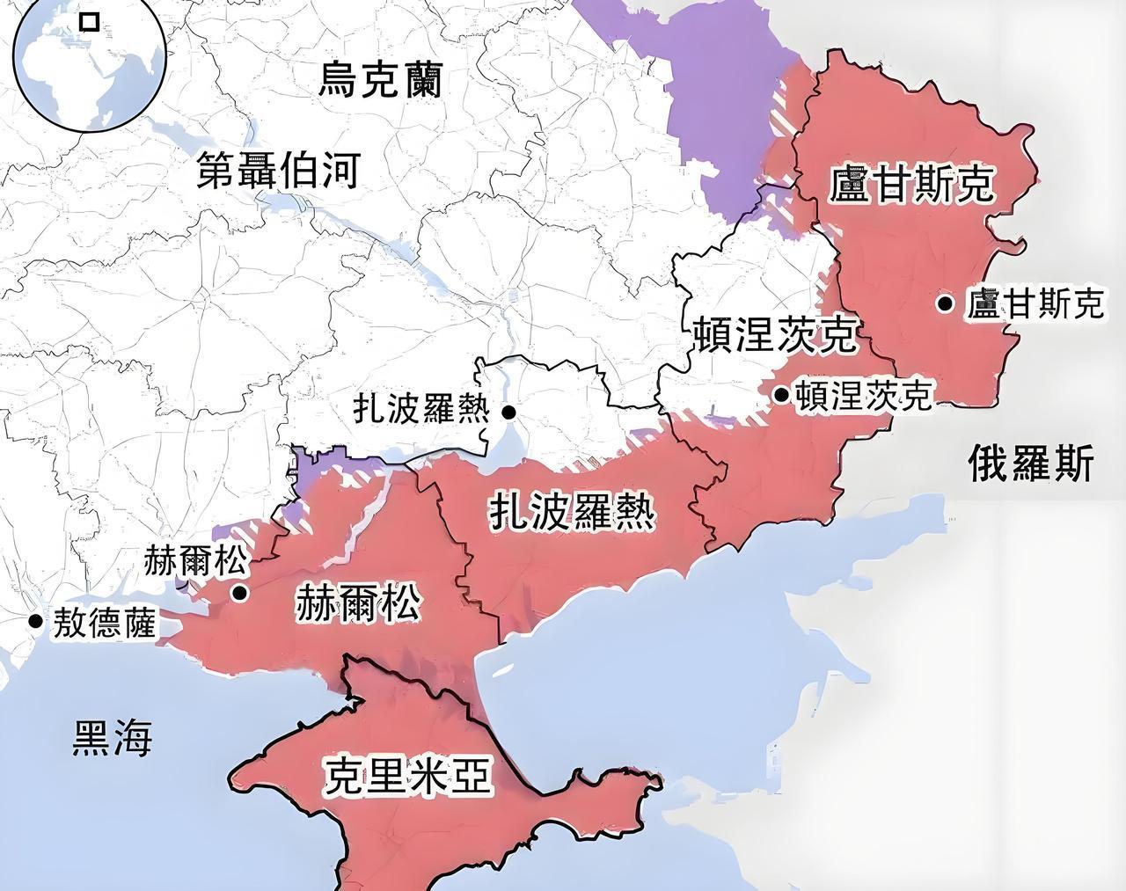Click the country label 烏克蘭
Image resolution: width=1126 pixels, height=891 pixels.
point(380,80)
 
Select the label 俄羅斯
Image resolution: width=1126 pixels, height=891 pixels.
point(1031,464)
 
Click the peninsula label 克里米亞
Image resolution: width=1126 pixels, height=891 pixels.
point(407,776)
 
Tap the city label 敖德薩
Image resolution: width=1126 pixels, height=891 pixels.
point(105,624)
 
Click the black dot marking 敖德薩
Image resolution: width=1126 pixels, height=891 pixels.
point(35,621)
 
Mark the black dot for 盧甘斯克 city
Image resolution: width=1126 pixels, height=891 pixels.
point(945,304)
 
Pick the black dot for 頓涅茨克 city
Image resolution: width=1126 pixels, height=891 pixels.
point(781,395)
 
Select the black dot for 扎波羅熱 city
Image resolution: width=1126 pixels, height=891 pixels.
point(508,412)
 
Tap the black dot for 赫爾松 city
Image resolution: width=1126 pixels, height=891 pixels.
point(239,593)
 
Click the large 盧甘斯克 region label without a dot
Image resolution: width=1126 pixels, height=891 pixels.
point(912,185)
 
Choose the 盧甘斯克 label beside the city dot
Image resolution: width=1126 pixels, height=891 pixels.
point(1034,304)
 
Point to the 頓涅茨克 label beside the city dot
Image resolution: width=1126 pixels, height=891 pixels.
point(862,396)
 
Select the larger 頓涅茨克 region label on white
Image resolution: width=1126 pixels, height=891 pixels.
point(773,334)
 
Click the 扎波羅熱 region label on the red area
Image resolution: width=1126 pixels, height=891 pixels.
point(572,512)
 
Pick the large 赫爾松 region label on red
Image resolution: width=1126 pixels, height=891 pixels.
point(358,604)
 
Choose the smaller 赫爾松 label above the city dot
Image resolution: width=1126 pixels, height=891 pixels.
point(197,560)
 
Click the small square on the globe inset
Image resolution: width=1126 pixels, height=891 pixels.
point(89,21)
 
